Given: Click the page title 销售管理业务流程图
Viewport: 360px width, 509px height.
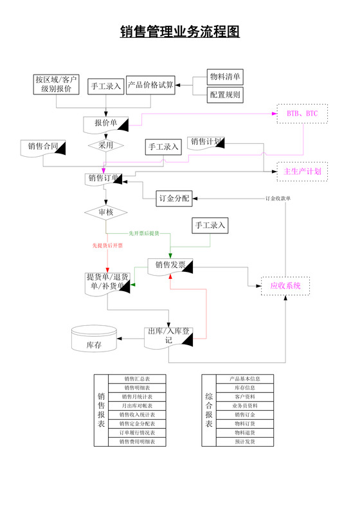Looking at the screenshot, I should (180, 32).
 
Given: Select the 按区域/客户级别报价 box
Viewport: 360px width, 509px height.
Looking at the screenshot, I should (57, 84).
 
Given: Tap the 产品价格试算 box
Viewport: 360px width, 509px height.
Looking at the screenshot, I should (150, 85).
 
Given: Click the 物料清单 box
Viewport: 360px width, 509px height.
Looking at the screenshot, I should (225, 76).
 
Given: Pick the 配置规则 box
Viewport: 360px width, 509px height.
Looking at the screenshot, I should (225, 94).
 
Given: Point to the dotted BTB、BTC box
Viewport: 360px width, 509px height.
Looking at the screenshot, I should (302, 114).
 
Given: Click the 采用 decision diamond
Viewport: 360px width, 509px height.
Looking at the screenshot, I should (105, 145).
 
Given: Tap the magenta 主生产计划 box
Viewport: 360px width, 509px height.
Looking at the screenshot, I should (302, 171).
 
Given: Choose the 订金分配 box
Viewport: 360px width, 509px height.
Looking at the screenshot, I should (174, 198).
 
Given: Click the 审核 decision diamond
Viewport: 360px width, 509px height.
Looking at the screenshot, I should (105, 211).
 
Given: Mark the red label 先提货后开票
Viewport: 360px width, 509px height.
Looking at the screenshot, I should (107, 246).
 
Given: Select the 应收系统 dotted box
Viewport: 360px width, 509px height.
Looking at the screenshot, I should (285, 285).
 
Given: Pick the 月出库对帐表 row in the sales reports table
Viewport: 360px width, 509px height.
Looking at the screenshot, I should (137, 406).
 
